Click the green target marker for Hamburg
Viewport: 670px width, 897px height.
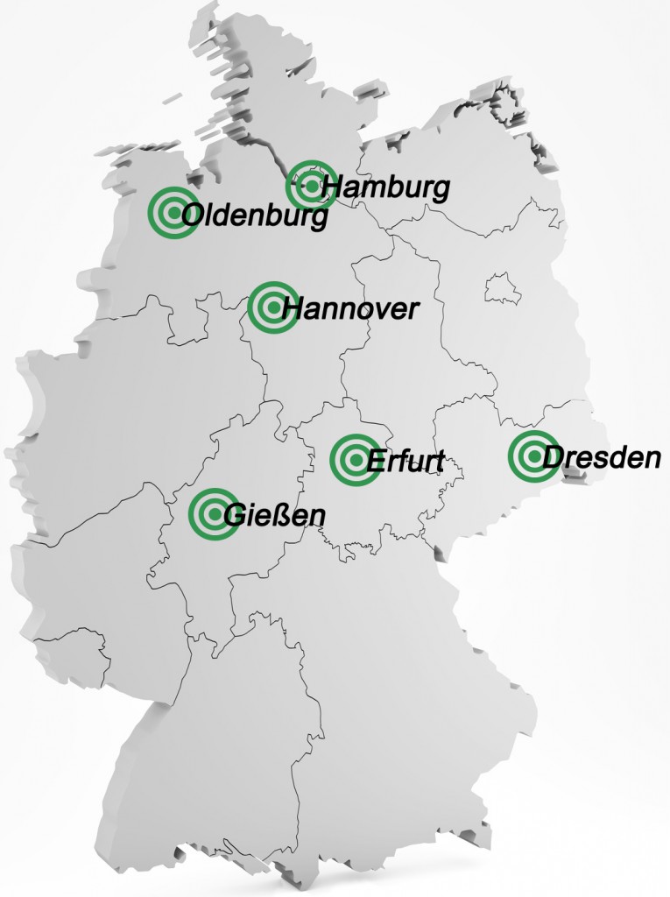[x=312, y=185]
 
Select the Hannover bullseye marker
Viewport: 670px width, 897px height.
[x=272, y=307]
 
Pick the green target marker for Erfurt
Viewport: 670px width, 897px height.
[x=355, y=458]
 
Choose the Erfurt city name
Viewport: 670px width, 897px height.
[x=406, y=461]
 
